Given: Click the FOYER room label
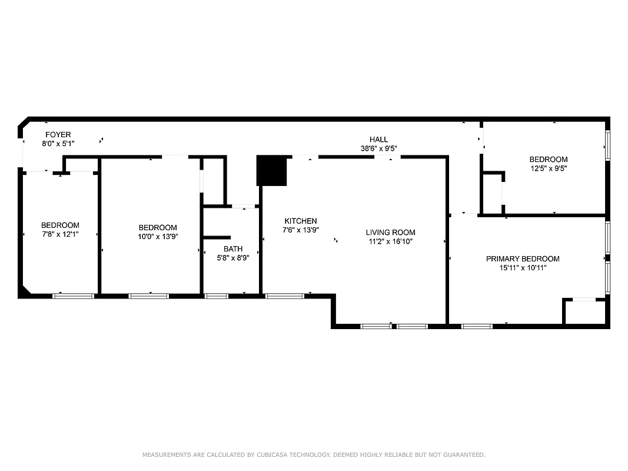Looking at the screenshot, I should click(x=58, y=135).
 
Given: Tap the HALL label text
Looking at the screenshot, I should click(x=378, y=140).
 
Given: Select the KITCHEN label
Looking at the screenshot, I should click(x=301, y=221).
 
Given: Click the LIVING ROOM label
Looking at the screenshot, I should click(x=390, y=233).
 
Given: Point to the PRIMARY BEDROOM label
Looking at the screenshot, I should click(x=523, y=259).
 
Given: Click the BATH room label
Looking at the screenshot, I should click(x=233, y=249).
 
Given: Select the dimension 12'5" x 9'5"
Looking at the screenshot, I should click(x=549, y=168).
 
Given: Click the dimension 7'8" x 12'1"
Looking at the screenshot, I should click(x=60, y=234).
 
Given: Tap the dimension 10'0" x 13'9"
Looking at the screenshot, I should click(x=158, y=236).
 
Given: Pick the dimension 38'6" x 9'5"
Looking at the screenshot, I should click(x=378, y=149).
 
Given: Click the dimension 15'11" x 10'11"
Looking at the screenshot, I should click(x=523, y=268).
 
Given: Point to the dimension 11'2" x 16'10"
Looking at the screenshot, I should click(x=390, y=241).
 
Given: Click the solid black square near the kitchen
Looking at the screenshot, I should click(x=271, y=171).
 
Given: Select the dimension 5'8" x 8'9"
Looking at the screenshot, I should click(x=233, y=258).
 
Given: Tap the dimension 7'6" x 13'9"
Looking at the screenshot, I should click(x=301, y=230).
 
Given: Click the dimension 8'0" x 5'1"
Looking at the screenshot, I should click(x=58, y=144).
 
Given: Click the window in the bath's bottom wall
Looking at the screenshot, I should click(x=216, y=296).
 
